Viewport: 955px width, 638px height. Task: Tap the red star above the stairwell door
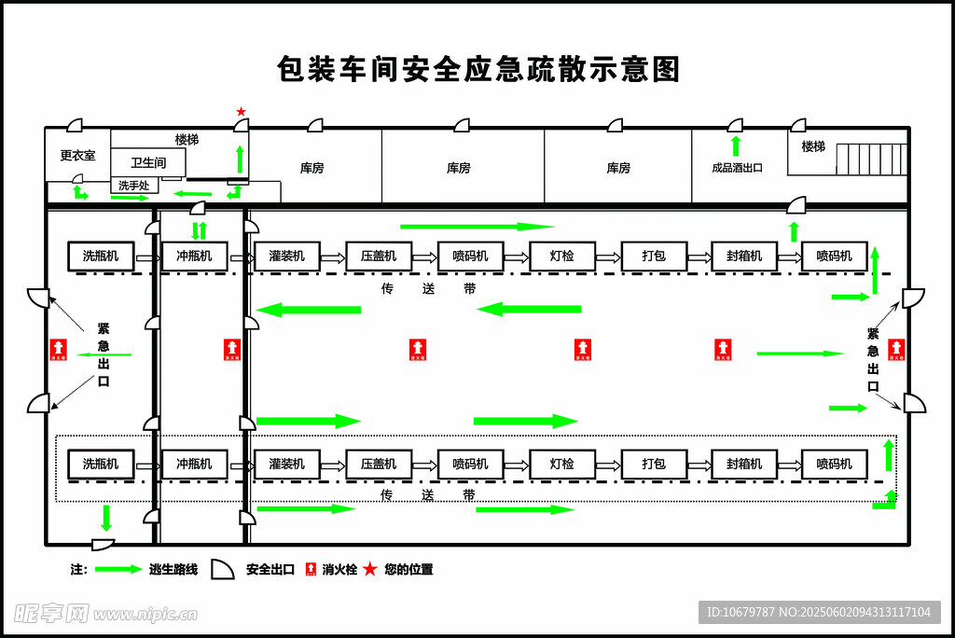[x=241, y=112]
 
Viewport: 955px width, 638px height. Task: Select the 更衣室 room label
[x=77, y=156]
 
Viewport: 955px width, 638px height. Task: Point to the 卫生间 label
[x=148, y=162]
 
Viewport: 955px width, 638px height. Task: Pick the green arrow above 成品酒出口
[x=735, y=146]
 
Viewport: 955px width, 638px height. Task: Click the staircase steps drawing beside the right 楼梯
[x=870, y=159]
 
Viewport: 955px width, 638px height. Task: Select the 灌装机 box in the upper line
[x=287, y=256]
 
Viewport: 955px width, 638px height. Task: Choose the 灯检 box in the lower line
[x=561, y=464]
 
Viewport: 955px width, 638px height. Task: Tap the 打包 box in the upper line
[x=654, y=256]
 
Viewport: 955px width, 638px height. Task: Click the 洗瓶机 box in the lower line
[x=101, y=464]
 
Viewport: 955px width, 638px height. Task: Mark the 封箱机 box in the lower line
[x=743, y=464]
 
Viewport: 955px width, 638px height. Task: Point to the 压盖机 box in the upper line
[x=379, y=256]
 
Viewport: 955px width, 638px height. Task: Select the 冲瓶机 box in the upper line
[x=194, y=256]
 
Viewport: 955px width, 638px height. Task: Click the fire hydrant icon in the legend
[x=311, y=569]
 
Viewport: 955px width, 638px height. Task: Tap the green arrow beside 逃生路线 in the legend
[x=118, y=569]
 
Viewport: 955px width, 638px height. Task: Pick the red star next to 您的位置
[x=370, y=569]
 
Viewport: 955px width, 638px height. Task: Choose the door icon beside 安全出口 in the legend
[x=222, y=569]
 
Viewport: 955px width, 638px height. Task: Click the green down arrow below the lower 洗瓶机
[x=105, y=518]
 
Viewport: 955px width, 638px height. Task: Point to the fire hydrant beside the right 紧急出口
[x=896, y=350]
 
